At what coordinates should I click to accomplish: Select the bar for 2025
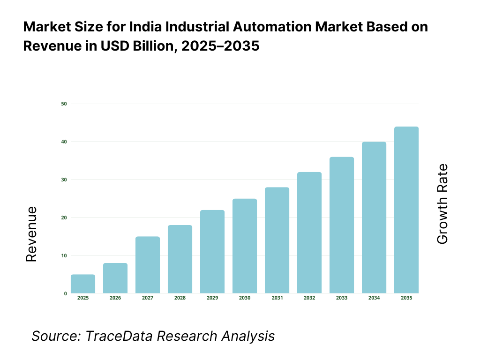tap(83, 284)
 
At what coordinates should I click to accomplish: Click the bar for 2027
tap(148, 265)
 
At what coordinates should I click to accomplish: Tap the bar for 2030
tap(245, 246)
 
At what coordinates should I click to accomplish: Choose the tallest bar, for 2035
tap(406, 210)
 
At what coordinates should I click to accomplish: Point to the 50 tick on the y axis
tap(64, 104)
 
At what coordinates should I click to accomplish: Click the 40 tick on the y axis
tap(64, 142)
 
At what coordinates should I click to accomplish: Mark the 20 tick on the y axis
tap(64, 217)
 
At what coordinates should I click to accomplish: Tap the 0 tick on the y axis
tap(65, 293)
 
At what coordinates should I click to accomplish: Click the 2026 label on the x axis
tap(115, 298)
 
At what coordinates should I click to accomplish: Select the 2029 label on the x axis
tap(212, 298)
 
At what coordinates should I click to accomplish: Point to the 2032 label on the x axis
tap(309, 298)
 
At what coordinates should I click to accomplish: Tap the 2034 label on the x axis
tap(374, 298)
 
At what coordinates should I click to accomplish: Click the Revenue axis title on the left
tap(31, 234)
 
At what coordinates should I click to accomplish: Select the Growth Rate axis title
tap(442, 204)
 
